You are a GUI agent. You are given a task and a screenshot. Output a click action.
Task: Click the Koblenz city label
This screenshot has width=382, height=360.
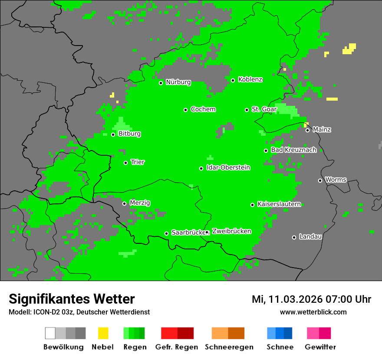pyautogui.click(x=250, y=80)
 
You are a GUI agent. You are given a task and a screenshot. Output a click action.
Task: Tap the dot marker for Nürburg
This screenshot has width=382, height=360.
pyautogui.click(x=161, y=83)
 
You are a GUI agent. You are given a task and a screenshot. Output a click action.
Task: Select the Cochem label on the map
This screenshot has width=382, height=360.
pyautogui.click(x=203, y=109)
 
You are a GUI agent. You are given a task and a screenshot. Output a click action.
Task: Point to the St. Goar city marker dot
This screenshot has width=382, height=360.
pyautogui.click(x=247, y=110)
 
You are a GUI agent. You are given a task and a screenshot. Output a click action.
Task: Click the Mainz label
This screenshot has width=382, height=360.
pyautogui.click(x=322, y=130)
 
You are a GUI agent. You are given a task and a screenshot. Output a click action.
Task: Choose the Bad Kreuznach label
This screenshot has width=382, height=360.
pyautogui.click(x=293, y=150)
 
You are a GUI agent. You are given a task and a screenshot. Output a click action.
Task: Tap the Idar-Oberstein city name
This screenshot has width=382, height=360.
pyautogui.click(x=228, y=168)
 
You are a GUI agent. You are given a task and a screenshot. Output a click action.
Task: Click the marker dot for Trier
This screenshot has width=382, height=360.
pyautogui.click(x=126, y=163)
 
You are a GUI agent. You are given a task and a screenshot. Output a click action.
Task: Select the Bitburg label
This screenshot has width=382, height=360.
pyautogui.click(x=129, y=134)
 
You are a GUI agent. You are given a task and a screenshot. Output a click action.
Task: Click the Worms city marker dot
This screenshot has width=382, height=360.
pyautogui.click(x=320, y=180)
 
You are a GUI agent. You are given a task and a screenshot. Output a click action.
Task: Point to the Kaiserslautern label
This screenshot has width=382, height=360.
pyautogui.click(x=279, y=204)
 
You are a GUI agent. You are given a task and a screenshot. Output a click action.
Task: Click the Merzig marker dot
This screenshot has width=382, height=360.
pyautogui.click(x=124, y=203)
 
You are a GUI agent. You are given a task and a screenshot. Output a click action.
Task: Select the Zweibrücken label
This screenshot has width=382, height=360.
pyautogui.click(x=231, y=232)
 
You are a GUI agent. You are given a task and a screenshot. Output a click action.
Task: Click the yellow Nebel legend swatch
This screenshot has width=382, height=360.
pyautogui.click(x=103, y=333)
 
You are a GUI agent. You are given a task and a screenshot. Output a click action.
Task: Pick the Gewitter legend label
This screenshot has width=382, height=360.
pyautogui.click(x=320, y=347)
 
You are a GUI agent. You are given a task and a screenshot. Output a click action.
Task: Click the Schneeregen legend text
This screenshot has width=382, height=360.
pyautogui.click(x=229, y=347)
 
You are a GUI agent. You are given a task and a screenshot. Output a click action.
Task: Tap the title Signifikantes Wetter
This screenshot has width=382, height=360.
pyautogui.click(x=72, y=299)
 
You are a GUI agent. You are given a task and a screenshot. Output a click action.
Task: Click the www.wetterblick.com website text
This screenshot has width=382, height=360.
pyautogui.click(x=313, y=312)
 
